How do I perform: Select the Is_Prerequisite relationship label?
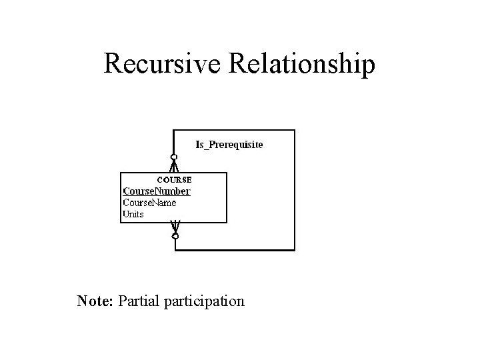(229, 144)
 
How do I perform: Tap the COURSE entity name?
(174, 179)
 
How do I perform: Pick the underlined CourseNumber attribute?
(157, 191)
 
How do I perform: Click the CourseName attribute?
(149, 203)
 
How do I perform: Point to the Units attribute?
(133, 214)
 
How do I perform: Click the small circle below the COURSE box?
(175, 236)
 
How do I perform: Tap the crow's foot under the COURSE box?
(175, 227)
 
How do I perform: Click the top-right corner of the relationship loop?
(294, 131)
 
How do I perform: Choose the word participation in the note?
(203, 302)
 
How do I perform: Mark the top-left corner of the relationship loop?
(174, 131)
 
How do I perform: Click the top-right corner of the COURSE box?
(227, 173)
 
